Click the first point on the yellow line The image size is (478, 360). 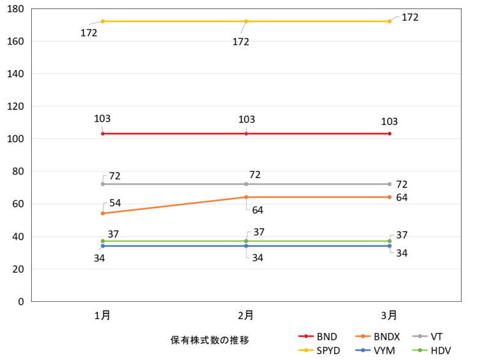point(102,21)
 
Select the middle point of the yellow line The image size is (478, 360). point(246,21)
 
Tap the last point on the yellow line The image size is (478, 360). point(389,21)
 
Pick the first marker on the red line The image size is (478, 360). point(102,133)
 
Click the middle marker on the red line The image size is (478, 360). point(246,133)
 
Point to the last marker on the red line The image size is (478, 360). point(389,133)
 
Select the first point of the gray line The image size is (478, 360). point(102,184)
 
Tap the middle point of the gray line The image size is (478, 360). point(246,184)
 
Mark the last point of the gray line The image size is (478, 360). point(389,184)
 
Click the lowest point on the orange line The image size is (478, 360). point(102,213)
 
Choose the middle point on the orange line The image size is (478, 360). point(246,197)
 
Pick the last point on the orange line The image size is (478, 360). point(389,197)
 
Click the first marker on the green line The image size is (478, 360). point(102,241)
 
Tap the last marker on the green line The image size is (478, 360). point(389,241)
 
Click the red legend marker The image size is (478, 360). point(306,336)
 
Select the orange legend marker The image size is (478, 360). point(362,336)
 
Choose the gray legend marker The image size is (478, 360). point(420,336)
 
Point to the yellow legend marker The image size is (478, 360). point(306,350)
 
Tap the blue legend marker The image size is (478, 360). point(362,350)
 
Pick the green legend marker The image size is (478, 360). point(420,350)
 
